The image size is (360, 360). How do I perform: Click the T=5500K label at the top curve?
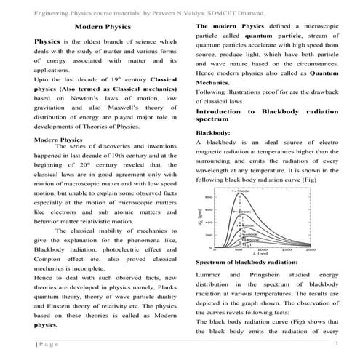[240, 191]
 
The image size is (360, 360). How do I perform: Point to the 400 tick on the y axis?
[208, 222]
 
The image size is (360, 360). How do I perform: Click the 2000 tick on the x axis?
[310, 249]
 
